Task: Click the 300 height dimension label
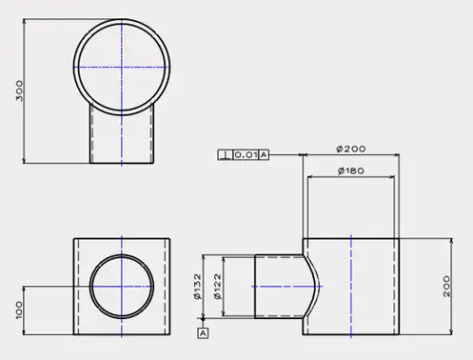coord(19,90)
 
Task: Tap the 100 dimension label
coord(19,310)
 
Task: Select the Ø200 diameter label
coord(351,149)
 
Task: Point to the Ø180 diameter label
coord(351,170)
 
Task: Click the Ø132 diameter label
coord(197,287)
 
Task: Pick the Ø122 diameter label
coord(218,287)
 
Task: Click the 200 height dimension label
coord(446,286)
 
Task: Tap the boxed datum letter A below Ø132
coord(203,333)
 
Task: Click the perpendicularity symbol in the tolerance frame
coord(226,155)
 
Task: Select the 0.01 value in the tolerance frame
coord(246,155)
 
